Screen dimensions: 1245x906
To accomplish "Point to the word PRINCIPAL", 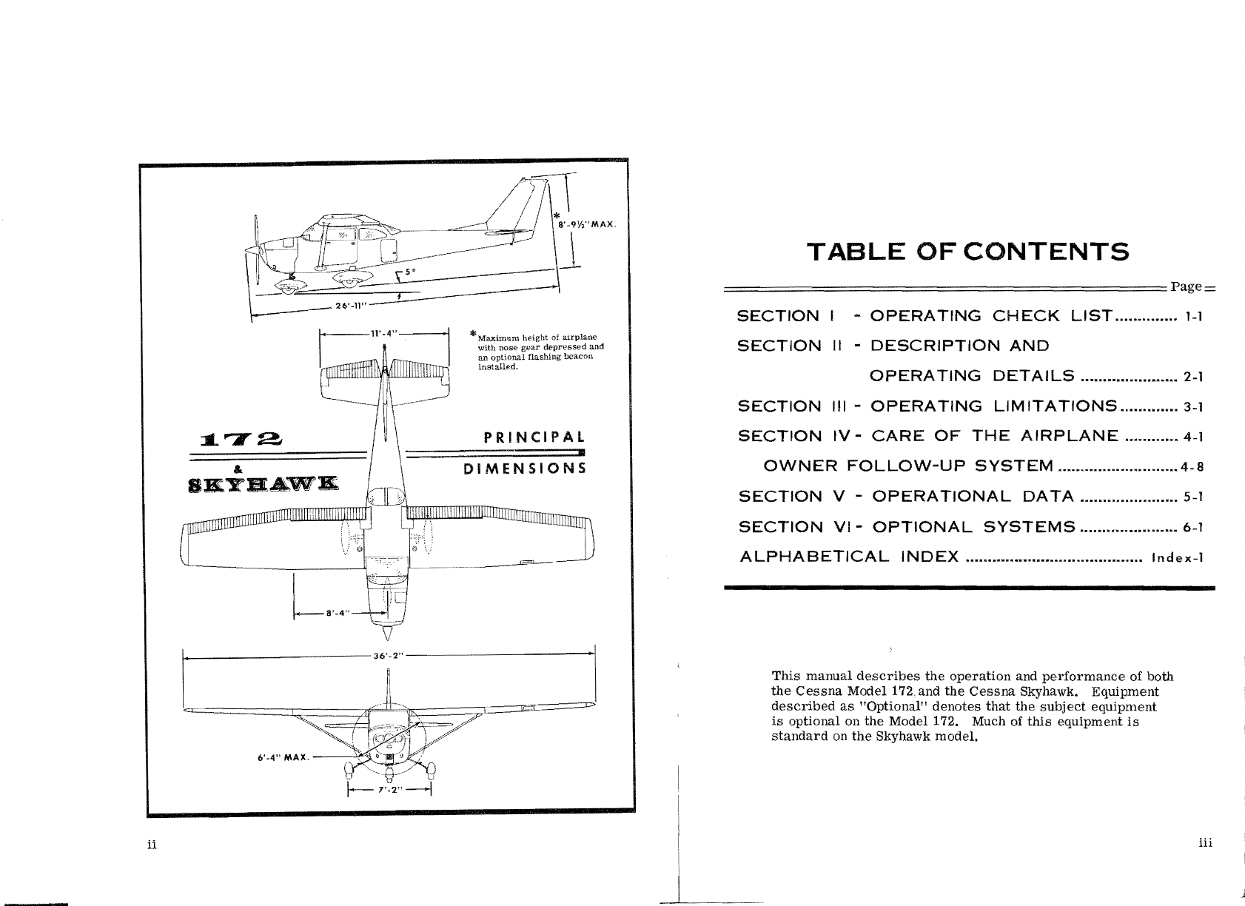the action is coord(534,437).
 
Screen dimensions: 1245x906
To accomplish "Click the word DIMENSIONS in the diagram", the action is coord(524,469).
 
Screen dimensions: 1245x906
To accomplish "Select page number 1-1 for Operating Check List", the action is coord(1193,318).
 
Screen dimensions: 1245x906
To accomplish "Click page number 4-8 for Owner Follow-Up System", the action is coord(1192,467).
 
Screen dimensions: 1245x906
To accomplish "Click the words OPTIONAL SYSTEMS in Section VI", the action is coord(974,527).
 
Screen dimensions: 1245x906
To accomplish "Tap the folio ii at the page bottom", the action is coord(150,845).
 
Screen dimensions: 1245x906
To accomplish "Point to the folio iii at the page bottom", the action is coord(1205,842).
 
